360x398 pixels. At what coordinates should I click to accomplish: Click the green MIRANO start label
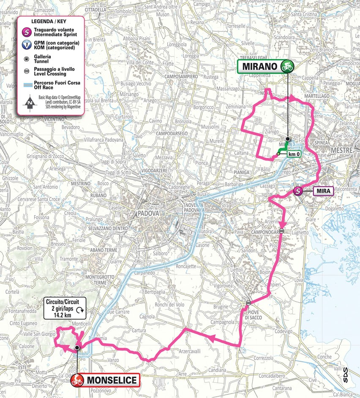point(260,66)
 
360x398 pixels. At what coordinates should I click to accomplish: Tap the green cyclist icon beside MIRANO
point(289,66)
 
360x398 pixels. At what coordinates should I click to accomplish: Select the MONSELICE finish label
point(112,380)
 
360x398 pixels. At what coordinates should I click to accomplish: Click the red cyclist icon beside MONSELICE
point(77,380)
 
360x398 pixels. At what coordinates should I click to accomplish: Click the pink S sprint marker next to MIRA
point(298,191)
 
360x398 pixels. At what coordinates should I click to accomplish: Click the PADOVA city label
point(148,214)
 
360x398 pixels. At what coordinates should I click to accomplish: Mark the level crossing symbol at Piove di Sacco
point(249,302)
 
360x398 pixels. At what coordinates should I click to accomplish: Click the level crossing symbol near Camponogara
point(282,231)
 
